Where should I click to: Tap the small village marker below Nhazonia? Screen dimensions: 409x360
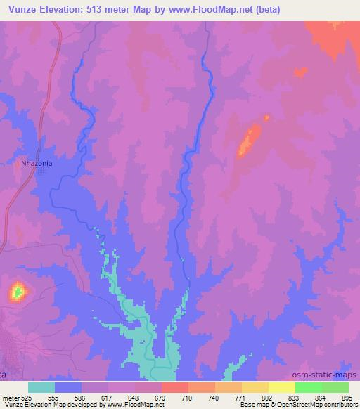pyautogui.click(x=41, y=171)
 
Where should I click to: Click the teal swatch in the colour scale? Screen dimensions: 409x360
pyautogui.click(x=41, y=387)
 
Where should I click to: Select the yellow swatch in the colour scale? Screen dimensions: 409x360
pyautogui.click(x=282, y=387)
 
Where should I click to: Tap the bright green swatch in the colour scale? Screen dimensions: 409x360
pyautogui.click(x=309, y=387)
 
